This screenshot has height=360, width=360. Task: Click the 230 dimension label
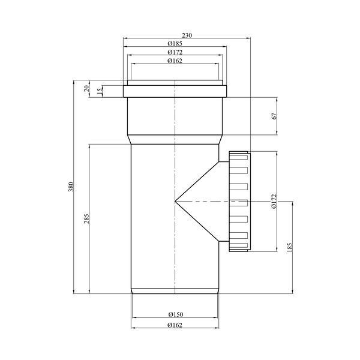click(187, 35)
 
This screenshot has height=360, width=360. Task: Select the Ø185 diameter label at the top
click(175, 43)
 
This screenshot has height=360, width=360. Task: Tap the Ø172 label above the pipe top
click(175, 52)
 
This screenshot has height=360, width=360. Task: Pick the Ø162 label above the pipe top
click(175, 61)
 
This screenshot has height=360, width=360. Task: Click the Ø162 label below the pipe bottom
click(175, 325)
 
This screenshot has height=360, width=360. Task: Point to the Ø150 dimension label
click(176, 314)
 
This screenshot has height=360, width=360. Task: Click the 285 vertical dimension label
click(86, 219)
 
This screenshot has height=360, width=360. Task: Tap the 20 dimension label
click(86, 88)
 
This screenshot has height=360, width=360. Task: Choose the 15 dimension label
click(100, 91)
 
